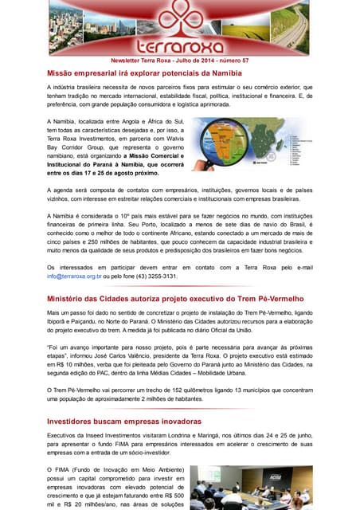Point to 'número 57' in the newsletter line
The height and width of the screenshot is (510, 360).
click(x=232, y=61)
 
